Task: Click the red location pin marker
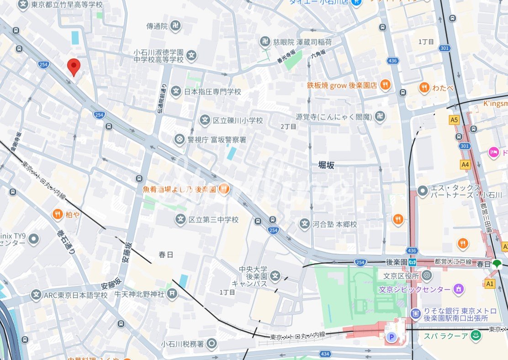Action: click(x=74, y=67)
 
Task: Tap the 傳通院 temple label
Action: click(x=157, y=26)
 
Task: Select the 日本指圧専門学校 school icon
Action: click(x=176, y=92)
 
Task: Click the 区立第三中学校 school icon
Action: click(x=181, y=220)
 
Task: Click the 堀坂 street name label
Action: click(x=326, y=165)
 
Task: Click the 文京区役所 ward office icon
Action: click(x=427, y=275)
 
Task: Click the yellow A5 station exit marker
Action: click(x=454, y=120)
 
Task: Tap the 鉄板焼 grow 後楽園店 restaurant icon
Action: click(x=386, y=85)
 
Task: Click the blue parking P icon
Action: click(x=391, y=338)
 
